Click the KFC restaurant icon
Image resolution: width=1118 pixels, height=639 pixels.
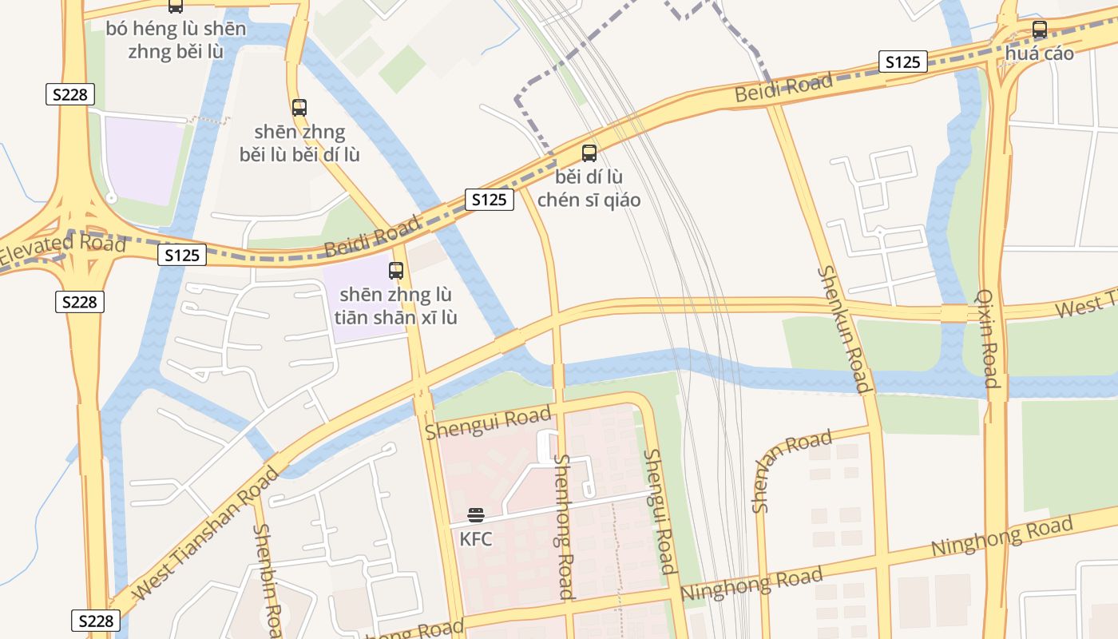tap(476, 515)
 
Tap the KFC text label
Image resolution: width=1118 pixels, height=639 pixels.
tap(476, 539)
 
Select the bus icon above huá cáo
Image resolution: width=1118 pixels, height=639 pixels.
tap(1040, 30)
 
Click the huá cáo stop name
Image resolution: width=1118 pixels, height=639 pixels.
tap(1040, 54)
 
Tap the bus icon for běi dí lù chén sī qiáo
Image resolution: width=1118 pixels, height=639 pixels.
tap(589, 153)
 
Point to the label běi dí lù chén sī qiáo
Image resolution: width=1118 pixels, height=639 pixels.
tap(589, 189)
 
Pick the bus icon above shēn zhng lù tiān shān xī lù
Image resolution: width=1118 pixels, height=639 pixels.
tap(396, 271)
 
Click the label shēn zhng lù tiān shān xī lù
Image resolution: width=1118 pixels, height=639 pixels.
tap(396, 307)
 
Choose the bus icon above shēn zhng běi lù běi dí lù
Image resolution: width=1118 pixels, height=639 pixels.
tap(299, 107)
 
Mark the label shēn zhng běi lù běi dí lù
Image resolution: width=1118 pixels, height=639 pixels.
tap(299, 143)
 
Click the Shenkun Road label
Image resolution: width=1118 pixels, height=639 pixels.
tap(843, 329)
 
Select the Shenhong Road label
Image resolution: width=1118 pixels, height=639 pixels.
tap(564, 527)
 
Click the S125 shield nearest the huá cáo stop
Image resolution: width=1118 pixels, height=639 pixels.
tap(903, 62)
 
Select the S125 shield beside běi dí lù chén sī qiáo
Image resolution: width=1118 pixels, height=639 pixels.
tap(489, 200)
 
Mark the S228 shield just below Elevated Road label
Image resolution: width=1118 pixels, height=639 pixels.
tap(79, 302)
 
